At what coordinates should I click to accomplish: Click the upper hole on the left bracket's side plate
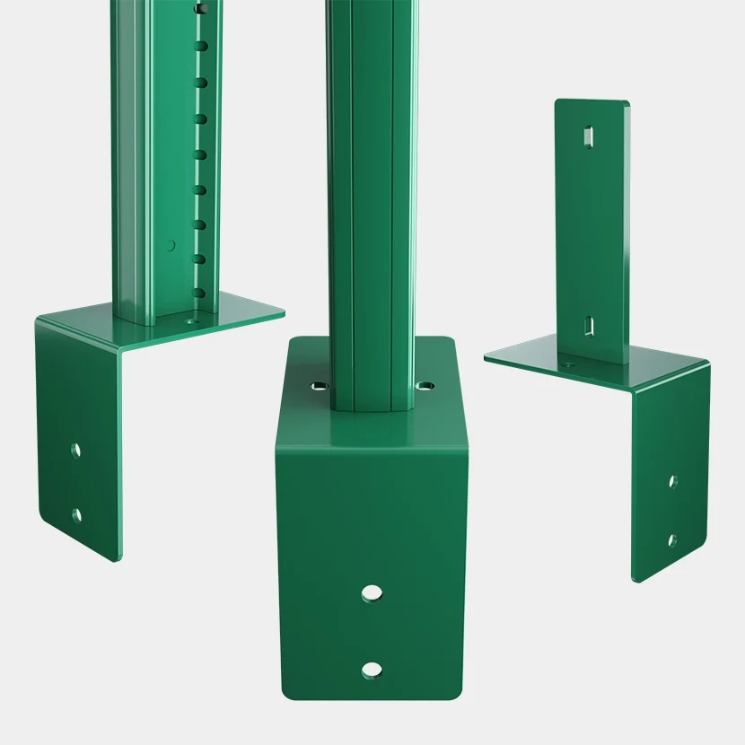point(76,449)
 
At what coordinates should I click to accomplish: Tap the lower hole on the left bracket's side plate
point(76,514)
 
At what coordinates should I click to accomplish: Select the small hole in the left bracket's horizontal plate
point(189,318)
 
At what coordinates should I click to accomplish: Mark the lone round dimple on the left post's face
point(171,244)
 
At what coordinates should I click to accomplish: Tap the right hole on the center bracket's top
point(423,385)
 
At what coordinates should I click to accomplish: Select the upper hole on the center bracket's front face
point(370,592)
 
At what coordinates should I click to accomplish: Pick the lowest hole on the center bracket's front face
point(370,669)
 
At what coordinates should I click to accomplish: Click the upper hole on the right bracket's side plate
point(672,481)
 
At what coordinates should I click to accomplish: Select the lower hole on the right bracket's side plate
point(671,539)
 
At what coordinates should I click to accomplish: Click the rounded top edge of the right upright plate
point(592,102)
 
